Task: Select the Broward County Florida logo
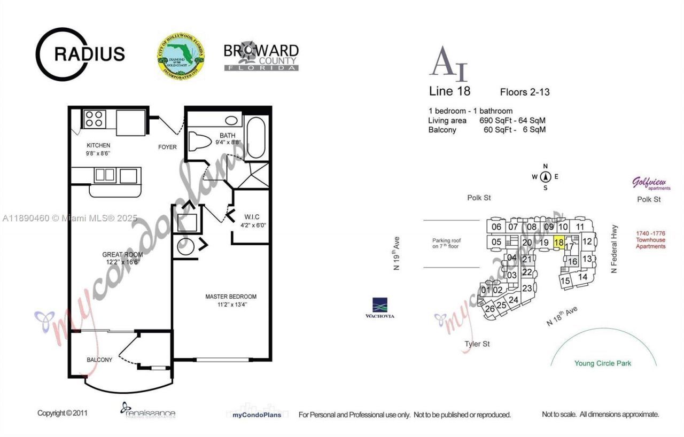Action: pos(261,57)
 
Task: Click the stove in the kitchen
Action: pos(95,118)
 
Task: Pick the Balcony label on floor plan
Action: pos(99,360)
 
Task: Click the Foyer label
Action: pos(167,147)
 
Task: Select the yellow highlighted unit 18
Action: pos(558,242)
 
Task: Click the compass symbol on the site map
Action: pos(545,177)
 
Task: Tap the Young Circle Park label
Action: pos(602,363)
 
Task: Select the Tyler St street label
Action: pos(477,344)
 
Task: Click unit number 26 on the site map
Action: pos(489,308)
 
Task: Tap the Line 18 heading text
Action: pos(449,91)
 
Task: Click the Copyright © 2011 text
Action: pos(63,413)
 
